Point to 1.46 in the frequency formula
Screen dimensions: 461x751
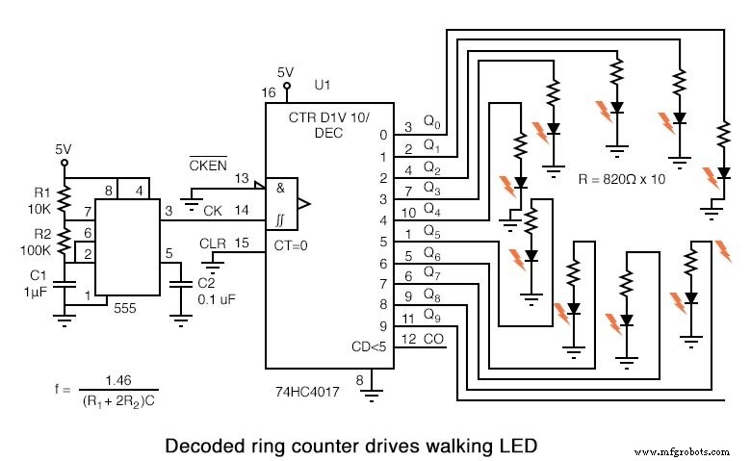point(118,379)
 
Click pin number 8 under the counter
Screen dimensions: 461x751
point(359,381)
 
